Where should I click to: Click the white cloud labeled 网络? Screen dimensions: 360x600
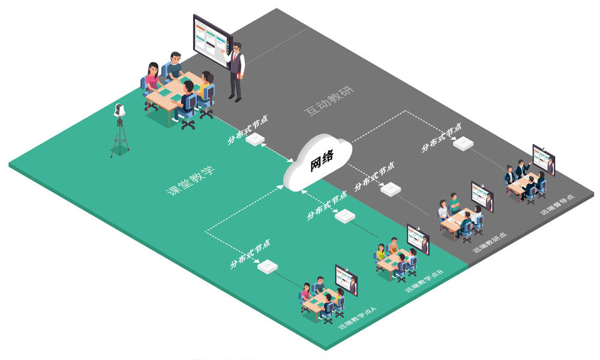(x=318, y=163)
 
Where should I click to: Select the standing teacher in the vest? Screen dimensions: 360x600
(x=236, y=70)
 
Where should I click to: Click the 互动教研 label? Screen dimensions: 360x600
(x=328, y=101)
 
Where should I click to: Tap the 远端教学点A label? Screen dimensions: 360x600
(x=357, y=317)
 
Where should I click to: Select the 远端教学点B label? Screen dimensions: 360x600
(x=424, y=281)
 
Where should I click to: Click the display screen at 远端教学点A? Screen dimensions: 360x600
(x=346, y=279)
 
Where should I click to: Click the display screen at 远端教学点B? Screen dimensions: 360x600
(x=418, y=239)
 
